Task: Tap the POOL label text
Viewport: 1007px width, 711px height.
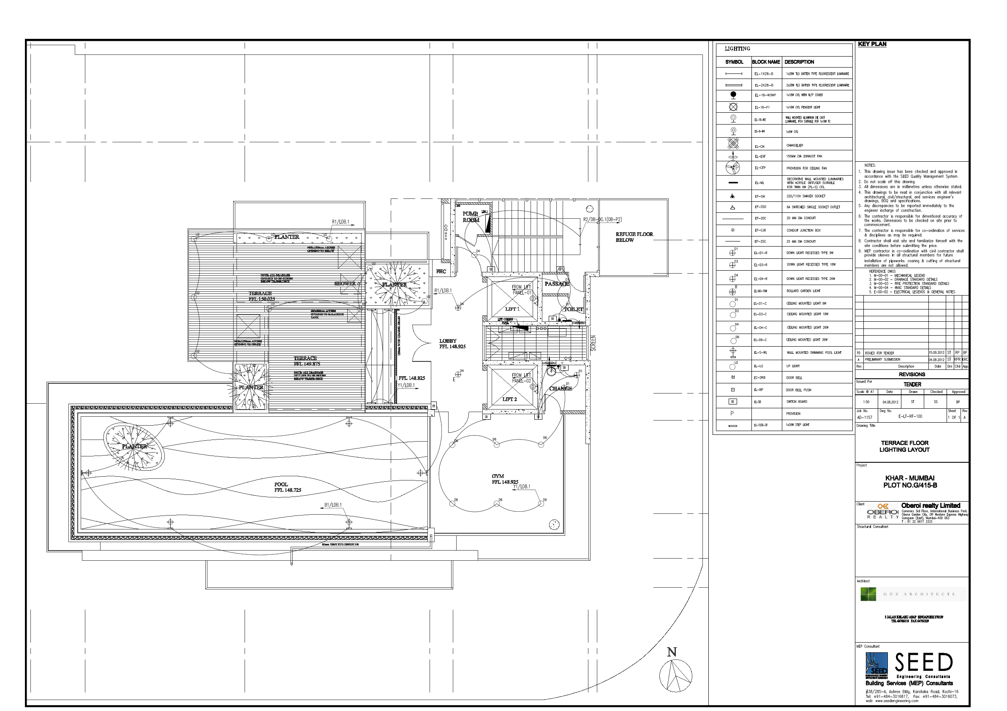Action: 281,484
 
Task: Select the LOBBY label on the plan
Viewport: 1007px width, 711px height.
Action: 448,341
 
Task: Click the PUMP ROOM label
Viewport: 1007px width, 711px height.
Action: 471,217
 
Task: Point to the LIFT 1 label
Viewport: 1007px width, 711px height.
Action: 512,309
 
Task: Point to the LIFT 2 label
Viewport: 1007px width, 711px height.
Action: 510,399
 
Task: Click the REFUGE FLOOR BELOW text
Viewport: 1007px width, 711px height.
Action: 634,237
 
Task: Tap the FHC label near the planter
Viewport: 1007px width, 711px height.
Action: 441,272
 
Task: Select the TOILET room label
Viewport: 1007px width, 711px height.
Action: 573,309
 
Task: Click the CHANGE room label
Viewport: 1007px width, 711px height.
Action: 561,388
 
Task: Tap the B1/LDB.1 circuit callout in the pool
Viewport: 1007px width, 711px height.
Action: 333,505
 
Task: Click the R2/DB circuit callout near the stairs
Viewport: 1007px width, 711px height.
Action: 602,220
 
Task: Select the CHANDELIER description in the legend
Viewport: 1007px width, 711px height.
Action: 795,146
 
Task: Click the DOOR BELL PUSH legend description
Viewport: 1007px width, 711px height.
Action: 798,390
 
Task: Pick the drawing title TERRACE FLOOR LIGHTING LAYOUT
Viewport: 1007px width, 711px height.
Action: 904,446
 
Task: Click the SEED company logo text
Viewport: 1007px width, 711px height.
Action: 924,663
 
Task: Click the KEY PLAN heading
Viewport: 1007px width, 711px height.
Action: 872,44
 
